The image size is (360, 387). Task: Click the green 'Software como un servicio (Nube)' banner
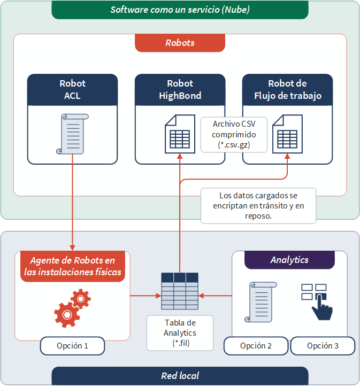[180, 10]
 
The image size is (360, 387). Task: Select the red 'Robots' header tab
[180, 43]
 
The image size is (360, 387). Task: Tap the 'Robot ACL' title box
[72, 90]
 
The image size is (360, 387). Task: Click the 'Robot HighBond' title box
[180, 90]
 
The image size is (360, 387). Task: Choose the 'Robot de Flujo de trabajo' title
[287, 90]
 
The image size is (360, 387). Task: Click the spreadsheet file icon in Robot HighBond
[179, 134]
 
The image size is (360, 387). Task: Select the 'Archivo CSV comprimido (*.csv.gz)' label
[234, 134]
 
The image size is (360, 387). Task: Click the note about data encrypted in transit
[258, 205]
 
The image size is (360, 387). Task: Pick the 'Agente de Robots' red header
[72, 266]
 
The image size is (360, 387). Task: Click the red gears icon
[72, 307]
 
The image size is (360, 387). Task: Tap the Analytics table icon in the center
[180, 291]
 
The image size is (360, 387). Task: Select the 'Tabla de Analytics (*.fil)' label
[180, 332]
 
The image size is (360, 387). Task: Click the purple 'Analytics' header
[289, 260]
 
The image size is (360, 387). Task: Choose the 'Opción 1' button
[72, 346]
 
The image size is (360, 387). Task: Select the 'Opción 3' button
[322, 346]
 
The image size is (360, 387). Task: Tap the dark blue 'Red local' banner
[180, 376]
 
